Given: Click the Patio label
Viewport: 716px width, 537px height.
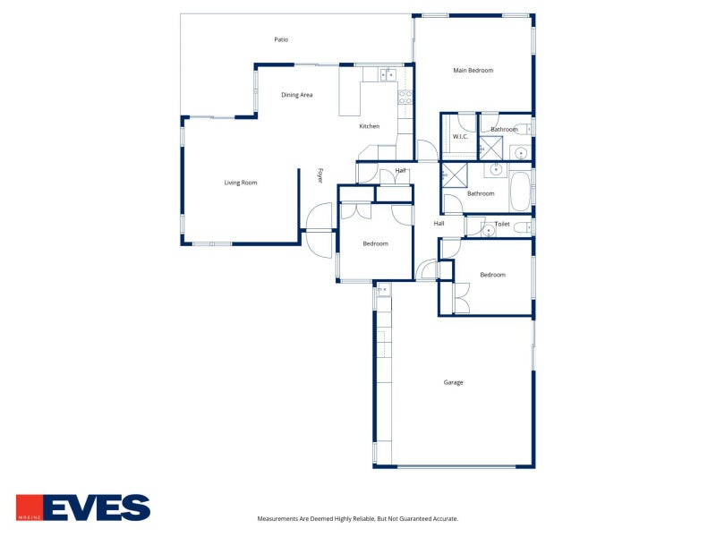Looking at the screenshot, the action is pyautogui.click(x=281, y=39).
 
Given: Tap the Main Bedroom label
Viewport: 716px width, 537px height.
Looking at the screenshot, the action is pyautogui.click(x=473, y=71).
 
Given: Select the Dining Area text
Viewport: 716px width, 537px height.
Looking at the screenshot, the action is pyautogui.click(x=297, y=95).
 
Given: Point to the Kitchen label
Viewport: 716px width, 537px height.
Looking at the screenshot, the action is pyautogui.click(x=370, y=126).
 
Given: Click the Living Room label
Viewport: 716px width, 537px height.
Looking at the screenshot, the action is pyautogui.click(x=241, y=183).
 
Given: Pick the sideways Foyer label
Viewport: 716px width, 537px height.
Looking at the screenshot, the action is pyautogui.click(x=320, y=175).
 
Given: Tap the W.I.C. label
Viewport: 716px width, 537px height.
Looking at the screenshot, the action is pyautogui.click(x=460, y=137).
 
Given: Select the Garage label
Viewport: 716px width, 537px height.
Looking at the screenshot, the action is pyautogui.click(x=454, y=383).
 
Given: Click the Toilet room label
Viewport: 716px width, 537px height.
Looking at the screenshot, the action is pyautogui.click(x=502, y=224).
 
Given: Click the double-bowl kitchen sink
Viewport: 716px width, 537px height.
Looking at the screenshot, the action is pyautogui.click(x=388, y=74).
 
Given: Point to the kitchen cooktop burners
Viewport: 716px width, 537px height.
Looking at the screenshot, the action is pyautogui.click(x=405, y=98).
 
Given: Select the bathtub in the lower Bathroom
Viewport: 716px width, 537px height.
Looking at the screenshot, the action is pyautogui.click(x=520, y=192).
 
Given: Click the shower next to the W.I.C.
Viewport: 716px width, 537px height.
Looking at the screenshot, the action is pyautogui.click(x=490, y=148).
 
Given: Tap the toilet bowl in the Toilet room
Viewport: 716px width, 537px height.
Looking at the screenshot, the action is pyautogui.click(x=522, y=227).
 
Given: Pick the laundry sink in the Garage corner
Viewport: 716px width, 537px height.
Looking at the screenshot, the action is pyautogui.click(x=384, y=289).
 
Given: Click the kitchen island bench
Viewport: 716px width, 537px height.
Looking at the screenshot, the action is pyautogui.click(x=350, y=98).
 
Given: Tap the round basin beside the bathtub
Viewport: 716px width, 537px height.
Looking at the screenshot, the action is pyautogui.click(x=496, y=170).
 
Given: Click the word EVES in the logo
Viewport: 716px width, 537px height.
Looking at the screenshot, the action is pyautogui.click(x=97, y=507).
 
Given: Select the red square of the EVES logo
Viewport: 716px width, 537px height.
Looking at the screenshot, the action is pyautogui.click(x=30, y=507).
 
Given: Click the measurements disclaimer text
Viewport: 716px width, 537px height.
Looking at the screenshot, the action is pyautogui.click(x=357, y=519).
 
